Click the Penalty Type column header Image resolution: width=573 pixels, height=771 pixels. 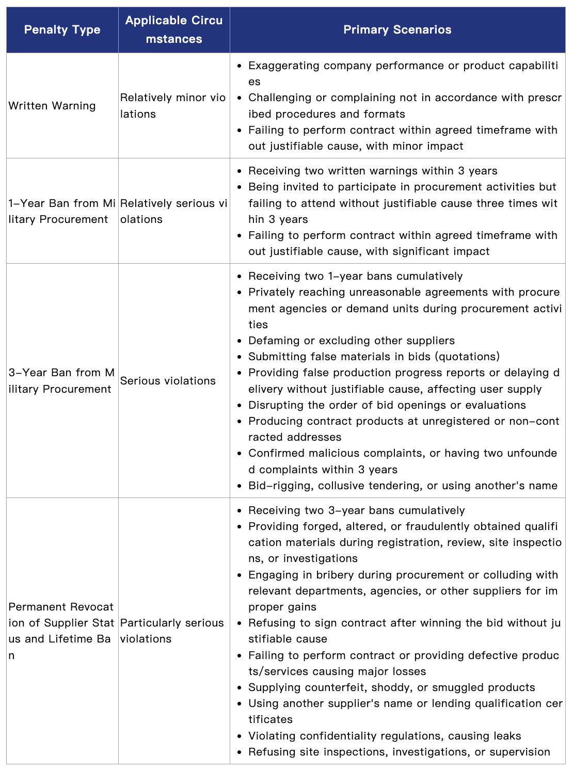point(62,29)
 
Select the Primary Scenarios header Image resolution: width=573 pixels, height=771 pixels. point(397,29)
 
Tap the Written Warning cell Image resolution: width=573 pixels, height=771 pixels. point(52,106)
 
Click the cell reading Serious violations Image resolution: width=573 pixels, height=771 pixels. point(168,381)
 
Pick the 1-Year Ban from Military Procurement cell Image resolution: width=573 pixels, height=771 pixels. point(62,211)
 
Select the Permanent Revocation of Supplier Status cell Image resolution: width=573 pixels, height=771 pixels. point(61,631)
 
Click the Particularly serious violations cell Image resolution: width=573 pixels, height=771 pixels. point(172,631)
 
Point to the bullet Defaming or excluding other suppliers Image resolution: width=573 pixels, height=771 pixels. point(351,341)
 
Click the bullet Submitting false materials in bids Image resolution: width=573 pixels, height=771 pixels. point(374,357)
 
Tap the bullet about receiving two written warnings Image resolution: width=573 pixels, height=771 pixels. point(373,171)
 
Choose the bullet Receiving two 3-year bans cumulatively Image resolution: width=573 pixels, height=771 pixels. point(356,510)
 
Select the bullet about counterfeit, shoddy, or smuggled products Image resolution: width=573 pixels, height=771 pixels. point(391,687)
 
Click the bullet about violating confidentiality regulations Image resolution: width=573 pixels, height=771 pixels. point(385,736)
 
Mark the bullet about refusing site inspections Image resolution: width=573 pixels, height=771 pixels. point(399,752)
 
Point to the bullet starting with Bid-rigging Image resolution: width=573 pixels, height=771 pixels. point(403,486)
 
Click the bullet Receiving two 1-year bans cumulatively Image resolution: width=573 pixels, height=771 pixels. point(355,276)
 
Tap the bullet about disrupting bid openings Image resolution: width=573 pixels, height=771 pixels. point(387,405)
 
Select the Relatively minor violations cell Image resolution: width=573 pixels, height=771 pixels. point(173,106)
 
